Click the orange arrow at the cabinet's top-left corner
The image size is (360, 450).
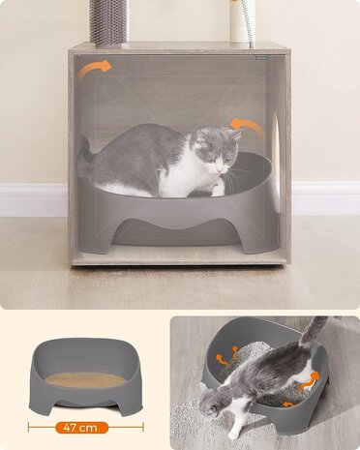click(95, 69)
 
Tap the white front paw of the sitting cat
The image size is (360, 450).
click(217, 190)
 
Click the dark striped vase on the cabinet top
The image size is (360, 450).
click(106, 20)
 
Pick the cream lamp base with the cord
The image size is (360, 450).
click(241, 20)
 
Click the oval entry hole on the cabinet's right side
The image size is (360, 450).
click(276, 145)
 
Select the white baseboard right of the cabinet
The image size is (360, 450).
click(324, 197)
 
